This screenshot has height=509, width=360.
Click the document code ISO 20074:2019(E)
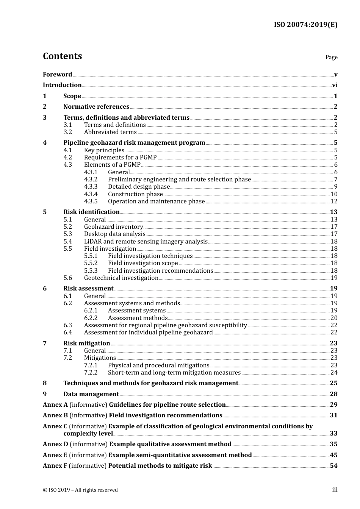tap(305, 25)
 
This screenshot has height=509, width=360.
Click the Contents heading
tap(62, 56)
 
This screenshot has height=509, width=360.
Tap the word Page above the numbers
tap(331, 57)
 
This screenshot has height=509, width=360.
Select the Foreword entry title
tap(57, 74)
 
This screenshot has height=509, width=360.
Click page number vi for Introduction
tap(335, 85)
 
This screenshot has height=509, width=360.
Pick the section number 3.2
tap(68, 132)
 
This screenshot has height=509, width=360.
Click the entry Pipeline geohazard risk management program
tap(134, 143)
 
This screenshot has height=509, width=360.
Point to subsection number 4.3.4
tap(91, 194)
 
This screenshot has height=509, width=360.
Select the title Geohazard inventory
tap(113, 227)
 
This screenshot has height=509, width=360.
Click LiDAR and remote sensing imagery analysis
tap(146, 242)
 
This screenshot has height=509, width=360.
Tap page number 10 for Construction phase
tap(334, 194)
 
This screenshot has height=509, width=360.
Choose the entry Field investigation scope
tap(143, 263)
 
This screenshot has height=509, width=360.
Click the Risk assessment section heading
tap(88, 289)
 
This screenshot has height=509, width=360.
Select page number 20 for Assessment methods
tap(334, 318)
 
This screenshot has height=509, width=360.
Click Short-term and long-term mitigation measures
tap(174, 373)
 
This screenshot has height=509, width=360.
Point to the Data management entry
tap(91, 394)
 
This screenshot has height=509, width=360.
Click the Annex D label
tap(55, 444)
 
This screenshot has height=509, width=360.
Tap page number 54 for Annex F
tap(333, 466)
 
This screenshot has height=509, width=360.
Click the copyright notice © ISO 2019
tap(80, 490)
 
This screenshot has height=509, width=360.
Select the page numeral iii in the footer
tap(335, 490)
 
